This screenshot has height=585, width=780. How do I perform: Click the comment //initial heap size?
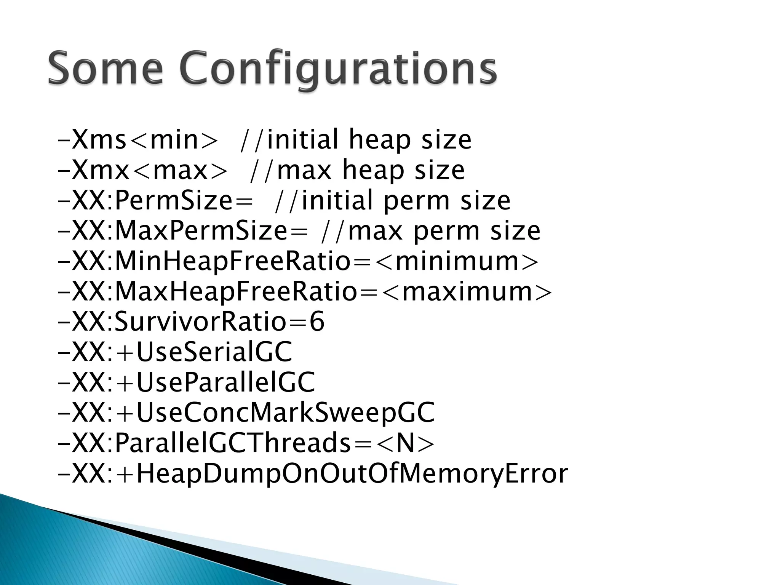[x=356, y=140]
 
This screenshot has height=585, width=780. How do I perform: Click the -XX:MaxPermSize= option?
[x=182, y=231]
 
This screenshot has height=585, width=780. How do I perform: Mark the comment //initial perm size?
[x=392, y=201]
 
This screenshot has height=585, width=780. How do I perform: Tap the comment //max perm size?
[x=430, y=231]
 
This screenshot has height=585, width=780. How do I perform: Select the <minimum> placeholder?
[x=457, y=262]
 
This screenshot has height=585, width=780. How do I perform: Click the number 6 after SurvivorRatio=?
[x=317, y=322]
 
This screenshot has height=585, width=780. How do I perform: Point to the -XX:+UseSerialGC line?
[x=175, y=352]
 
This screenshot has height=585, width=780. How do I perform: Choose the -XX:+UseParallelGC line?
[x=186, y=382]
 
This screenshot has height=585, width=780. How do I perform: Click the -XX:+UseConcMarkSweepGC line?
[x=246, y=413]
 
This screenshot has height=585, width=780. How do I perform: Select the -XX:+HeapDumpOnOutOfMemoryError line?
[x=312, y=474]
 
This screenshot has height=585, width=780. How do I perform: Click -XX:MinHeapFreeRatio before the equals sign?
[x=204, y=262]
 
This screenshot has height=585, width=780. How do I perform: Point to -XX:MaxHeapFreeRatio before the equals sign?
[x=208, y=292]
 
